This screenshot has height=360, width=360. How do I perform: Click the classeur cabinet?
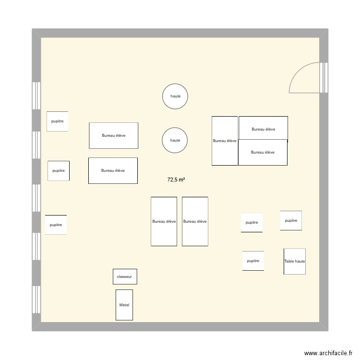[x=125, y=276]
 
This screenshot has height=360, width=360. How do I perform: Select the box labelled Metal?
[x=124, y=305]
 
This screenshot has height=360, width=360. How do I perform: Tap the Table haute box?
[x=294, y=261]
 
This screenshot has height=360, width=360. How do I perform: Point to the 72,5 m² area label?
[x=176, y=180]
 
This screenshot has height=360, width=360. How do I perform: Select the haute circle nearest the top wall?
[x=175, y=96]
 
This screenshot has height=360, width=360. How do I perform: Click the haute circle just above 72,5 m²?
[x=175, y=140]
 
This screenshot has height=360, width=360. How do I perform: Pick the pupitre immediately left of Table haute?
[x=253, y=261]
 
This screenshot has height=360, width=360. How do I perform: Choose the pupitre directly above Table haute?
[x=291, y=220]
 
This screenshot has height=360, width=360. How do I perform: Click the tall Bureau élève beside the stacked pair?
[x=225, y=141]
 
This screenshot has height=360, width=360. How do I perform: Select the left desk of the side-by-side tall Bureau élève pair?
[x=164, y=221]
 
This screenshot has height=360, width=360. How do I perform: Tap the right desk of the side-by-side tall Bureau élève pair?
[x=195, y=221]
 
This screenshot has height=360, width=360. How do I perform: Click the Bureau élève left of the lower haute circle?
[x=114, y=135]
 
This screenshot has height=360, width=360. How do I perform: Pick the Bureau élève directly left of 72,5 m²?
[x=113, y=170]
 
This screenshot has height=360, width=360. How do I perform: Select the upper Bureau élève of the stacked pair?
[x=264, y=129]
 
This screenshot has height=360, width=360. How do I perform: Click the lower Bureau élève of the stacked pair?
[x=263, y=152]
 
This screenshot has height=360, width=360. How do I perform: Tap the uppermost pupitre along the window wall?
[x=57, y=121]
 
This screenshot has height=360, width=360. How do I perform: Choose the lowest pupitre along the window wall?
[x=56, y=225]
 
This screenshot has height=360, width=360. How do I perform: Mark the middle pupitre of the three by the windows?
[x=59, y=170]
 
